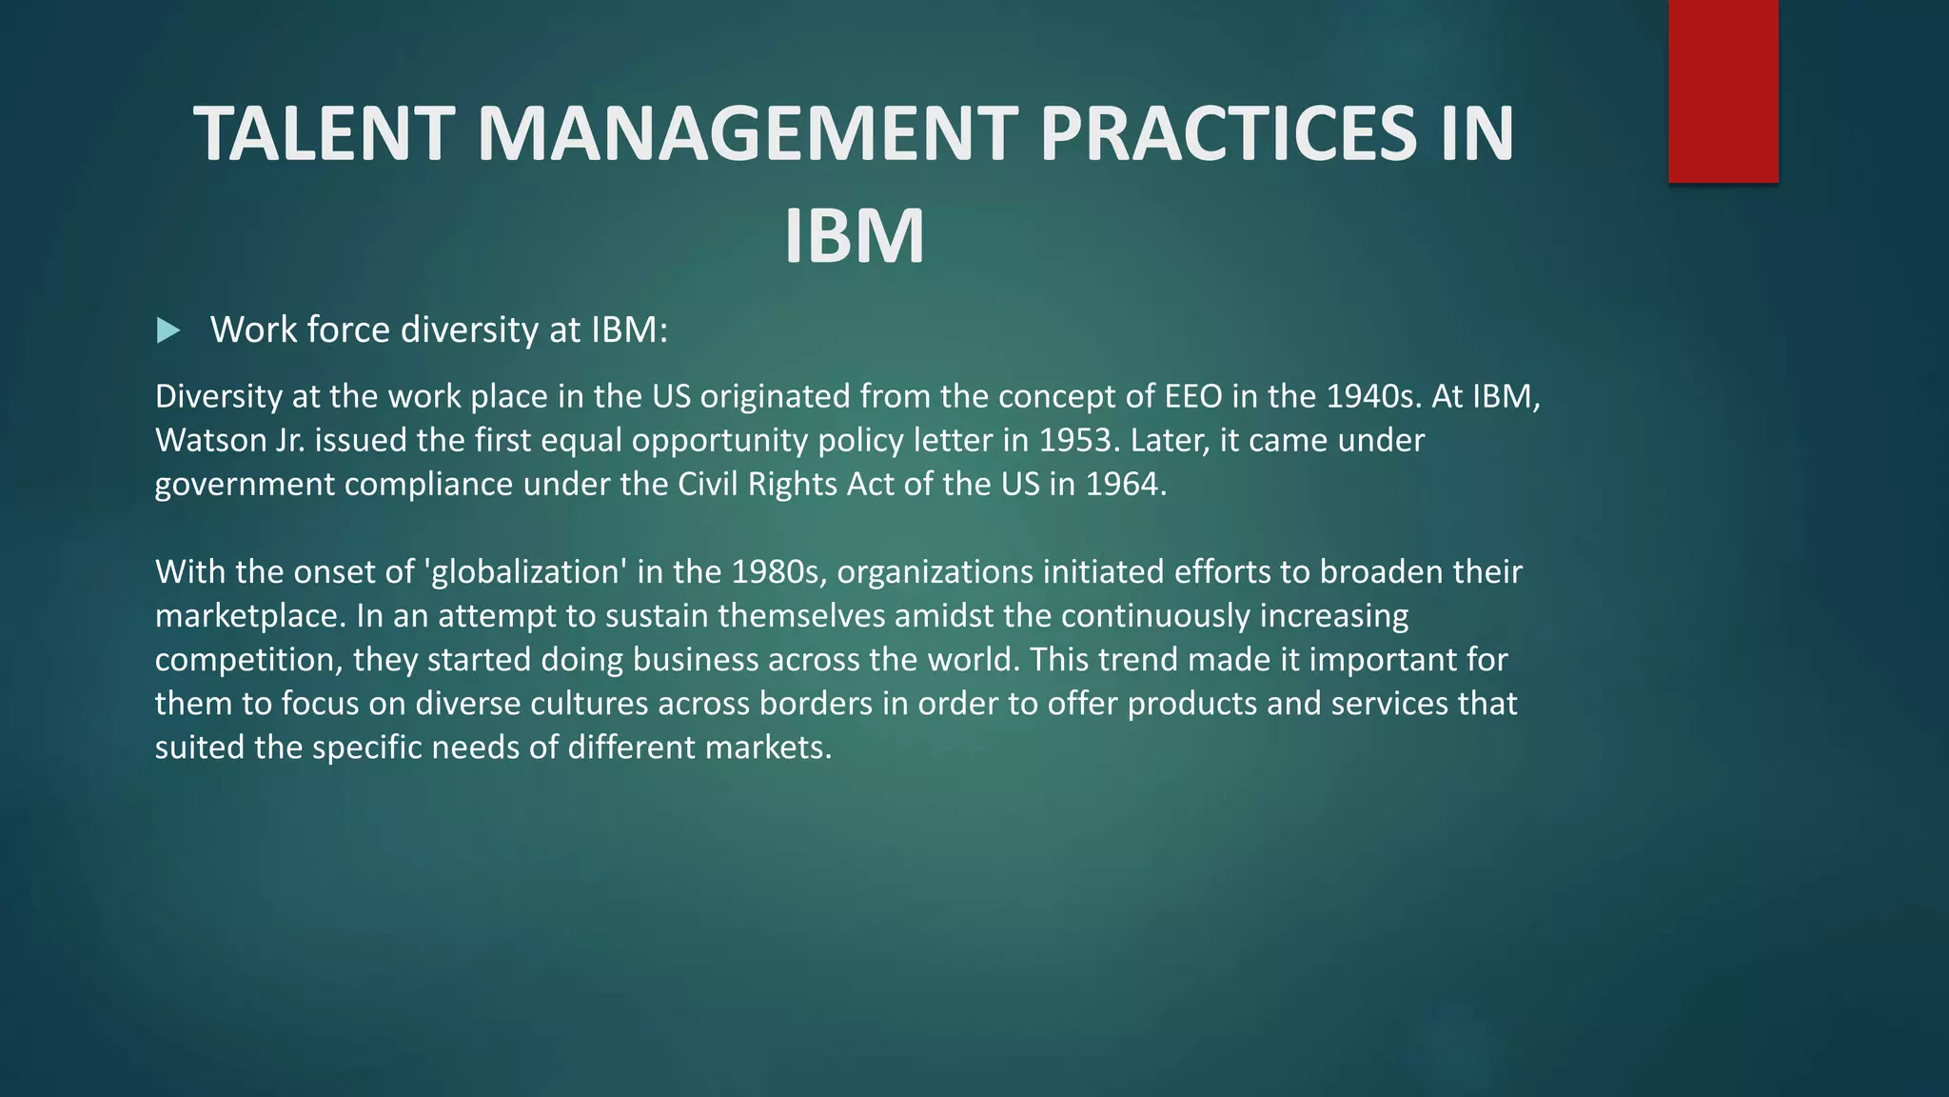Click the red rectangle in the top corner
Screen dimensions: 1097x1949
1723,91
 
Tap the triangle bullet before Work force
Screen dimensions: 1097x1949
168,331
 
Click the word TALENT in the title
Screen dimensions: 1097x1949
324,134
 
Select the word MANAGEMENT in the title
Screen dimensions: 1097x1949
746,134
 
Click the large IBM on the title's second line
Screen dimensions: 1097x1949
854,236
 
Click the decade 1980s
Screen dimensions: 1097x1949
776,572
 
